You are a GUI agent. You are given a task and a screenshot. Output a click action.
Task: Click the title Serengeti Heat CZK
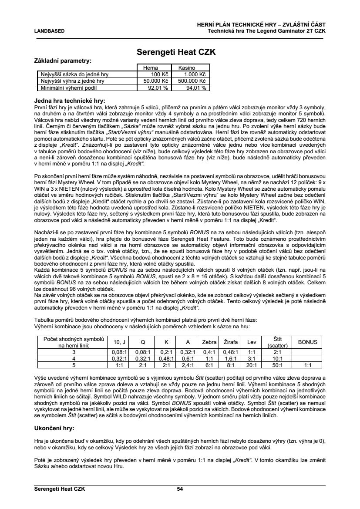click(176, 52)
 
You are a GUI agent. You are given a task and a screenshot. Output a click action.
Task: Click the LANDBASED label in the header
click(49, 31)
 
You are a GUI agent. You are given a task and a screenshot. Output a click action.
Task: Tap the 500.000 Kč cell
click(192, 81)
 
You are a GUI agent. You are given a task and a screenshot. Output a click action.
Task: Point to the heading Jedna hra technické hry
click(70, 100)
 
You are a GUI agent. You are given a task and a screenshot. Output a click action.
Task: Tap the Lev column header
click(251, 342)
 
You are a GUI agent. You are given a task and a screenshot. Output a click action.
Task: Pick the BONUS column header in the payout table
click(308, 342)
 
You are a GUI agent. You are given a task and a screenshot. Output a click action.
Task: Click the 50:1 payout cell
click(277, 365)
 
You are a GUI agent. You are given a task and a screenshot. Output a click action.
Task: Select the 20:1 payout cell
click(251, 365)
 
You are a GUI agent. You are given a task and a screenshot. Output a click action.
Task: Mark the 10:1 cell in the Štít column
click(277, 359)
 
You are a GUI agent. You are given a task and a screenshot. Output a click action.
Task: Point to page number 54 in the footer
click(180, 489)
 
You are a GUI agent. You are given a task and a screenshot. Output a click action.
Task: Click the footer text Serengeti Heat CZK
click(60, 489)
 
